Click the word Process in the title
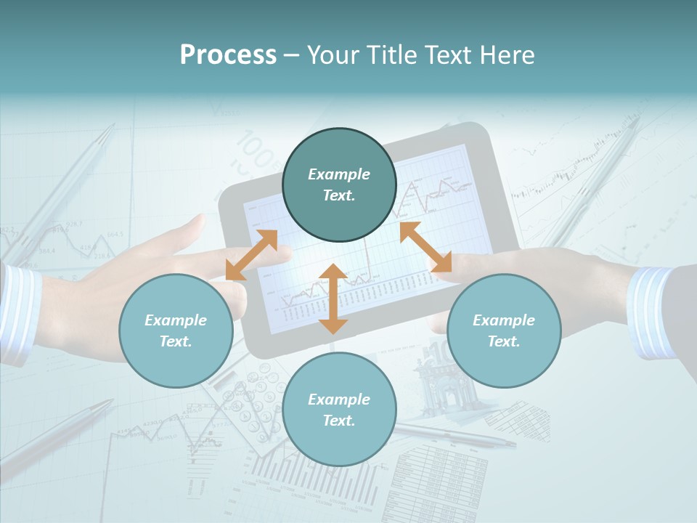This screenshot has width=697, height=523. tap(228, 55)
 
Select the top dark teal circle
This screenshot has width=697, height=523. tap(339, 185)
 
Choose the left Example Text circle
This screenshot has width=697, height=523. tap(176, 331)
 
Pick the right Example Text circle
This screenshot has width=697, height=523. tap(504, 331)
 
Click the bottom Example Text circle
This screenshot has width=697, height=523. tap(339, 410)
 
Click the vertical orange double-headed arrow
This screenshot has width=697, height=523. tap(333, 299)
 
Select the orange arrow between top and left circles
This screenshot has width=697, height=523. tap(251, 255)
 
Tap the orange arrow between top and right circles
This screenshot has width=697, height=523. tap(425, 247)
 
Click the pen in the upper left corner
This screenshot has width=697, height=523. tap(65, 182)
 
